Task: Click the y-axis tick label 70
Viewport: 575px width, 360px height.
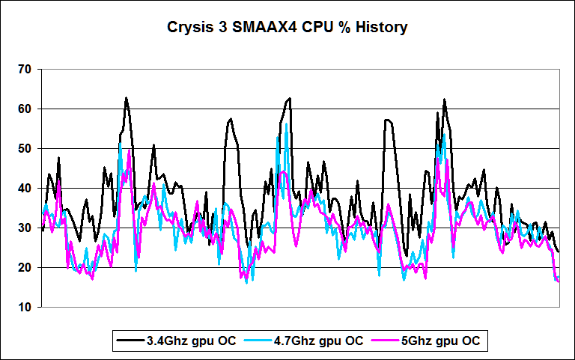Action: [x=25, y=70]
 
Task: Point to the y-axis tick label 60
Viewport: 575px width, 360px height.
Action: [x=25, y=109]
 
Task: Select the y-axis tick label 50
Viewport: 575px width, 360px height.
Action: [x=25, y=149]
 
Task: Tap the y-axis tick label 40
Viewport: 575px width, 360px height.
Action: [x=25, y=189]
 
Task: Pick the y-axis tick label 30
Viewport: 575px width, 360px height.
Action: [x=25, y=228]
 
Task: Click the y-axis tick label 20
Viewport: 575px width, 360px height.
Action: [x=25, y=268]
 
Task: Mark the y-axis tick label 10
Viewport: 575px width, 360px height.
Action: [x=25, y=308]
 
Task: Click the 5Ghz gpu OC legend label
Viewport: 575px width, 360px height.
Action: [x=444, y=341]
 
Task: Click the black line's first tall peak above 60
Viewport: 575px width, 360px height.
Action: [x=126, y=98]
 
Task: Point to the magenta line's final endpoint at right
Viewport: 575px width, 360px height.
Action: [x=559, y=281]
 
